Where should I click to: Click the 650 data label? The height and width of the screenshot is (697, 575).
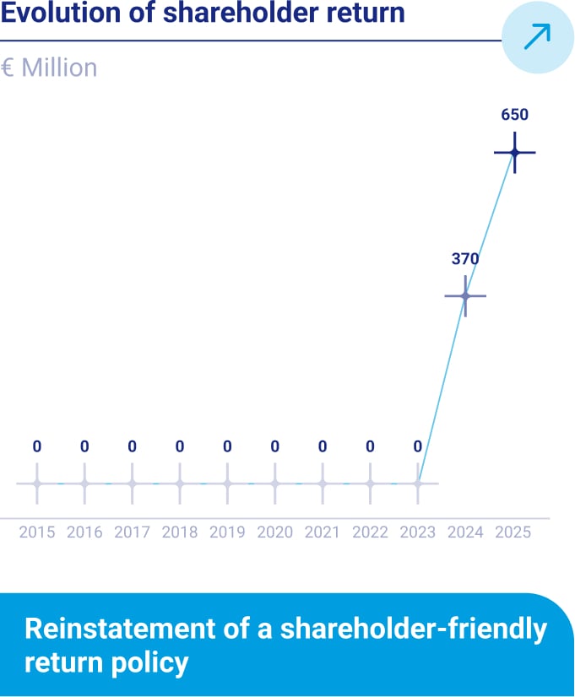[514, 116]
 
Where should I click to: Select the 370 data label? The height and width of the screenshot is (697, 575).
[465, 259]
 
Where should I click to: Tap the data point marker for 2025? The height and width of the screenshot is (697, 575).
[514, 153]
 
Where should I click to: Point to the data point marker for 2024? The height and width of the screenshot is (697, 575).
[465, 295]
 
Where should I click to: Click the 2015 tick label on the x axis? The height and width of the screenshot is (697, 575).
[36, 532]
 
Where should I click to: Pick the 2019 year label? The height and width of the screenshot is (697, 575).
[226, 532]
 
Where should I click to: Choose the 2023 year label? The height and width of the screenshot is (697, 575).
[417, 532]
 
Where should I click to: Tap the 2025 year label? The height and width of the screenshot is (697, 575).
[513, 532]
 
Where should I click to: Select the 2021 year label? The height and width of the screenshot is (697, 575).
[322, 532]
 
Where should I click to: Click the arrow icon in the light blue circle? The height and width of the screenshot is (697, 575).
[538, 36]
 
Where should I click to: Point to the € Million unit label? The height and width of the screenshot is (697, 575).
[49, 68]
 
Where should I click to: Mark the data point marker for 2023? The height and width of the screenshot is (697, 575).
[417, 484]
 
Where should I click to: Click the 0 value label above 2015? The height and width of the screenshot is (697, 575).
[36, 446]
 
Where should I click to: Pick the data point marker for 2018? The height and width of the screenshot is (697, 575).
[179, 484]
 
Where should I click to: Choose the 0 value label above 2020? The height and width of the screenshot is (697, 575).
[274, 446]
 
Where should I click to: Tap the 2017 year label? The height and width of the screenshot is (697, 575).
[132, 532]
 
